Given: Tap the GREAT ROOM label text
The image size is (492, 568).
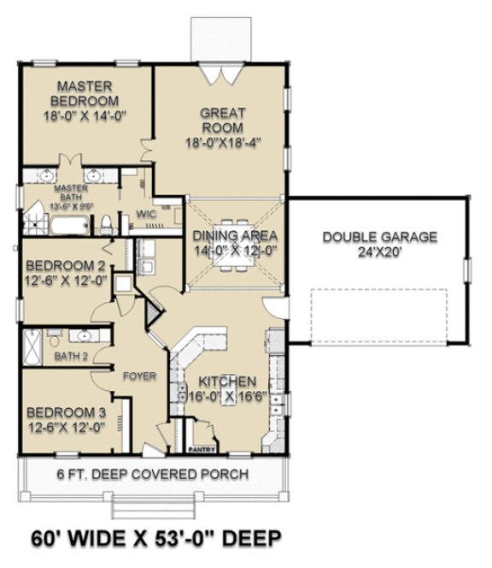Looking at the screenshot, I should click(x=222, y=120).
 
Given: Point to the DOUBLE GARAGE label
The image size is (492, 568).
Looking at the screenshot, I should click(x=380, y=237).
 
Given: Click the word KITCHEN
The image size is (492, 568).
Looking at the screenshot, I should click(x=227, y=382).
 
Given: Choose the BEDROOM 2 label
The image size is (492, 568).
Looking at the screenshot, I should click(x=65, y=265).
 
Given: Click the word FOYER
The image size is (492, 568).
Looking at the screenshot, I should click(x=139, y=376).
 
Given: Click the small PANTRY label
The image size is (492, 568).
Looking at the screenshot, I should click(x=201, y=446).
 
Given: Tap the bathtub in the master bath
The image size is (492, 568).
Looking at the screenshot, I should click(x=67, y=227).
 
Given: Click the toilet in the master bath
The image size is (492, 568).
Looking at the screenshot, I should click(x=105, y=225).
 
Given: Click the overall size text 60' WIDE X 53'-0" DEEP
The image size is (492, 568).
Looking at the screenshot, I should click(x=156, y=539).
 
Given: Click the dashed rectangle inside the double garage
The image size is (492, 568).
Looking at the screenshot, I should click(x=378, y=312).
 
